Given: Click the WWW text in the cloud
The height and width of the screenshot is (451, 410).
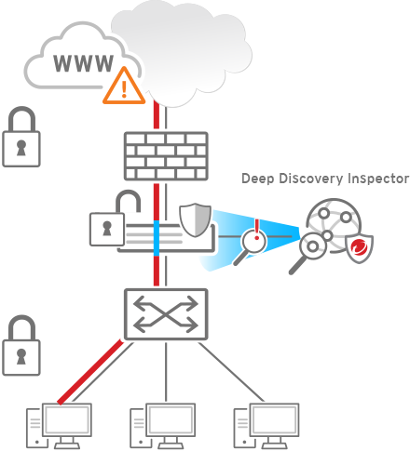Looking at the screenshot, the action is click(x=84, y=63).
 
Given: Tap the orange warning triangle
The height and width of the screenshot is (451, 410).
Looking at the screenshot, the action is click(x=124, y=86).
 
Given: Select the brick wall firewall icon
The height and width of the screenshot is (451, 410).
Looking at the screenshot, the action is click(x=166, y=156).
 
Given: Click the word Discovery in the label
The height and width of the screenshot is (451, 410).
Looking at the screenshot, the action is click(x=311, y=179).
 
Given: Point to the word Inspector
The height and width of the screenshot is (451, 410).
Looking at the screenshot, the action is click(x=378, y=179).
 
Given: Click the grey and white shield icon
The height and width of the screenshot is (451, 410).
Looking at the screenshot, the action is click(x=196, y=219).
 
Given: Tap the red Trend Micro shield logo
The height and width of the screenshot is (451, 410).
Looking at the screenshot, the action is click(x=360, y=248).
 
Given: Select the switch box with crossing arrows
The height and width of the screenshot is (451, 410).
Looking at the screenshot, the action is click(x=166, y=314).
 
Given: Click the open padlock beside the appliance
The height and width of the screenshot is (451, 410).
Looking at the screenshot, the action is click(x=116, y=219).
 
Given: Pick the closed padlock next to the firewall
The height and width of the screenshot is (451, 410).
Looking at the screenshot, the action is click(x=21, y=137).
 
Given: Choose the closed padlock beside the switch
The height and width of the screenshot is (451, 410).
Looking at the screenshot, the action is click(x=21, y=346).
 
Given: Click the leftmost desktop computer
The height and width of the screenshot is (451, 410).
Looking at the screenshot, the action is click(x=59, y=426).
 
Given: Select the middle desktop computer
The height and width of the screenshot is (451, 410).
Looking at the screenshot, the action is click(x=163, y=426).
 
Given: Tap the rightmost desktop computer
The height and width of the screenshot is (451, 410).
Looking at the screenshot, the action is click(x=266, y=426).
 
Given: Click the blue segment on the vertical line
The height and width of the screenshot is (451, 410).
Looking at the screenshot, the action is click(x=157, y=238).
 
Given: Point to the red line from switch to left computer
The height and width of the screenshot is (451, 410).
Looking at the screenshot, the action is click(x=90, y=372).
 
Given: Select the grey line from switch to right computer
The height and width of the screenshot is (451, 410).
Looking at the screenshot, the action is click(x=231, y=372).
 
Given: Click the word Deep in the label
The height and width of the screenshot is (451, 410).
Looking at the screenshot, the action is click(x=258, y=179).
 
